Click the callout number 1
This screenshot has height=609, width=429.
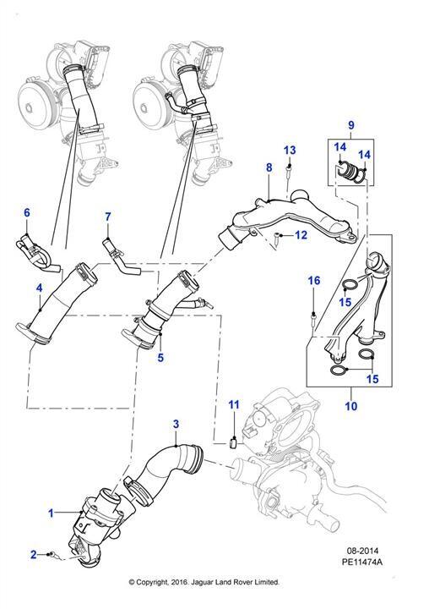(51, 513)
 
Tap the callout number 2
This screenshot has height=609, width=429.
(34, 554)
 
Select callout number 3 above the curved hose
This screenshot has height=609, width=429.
(176, 424)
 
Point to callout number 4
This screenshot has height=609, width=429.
(39, 288)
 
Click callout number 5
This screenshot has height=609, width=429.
(160, 357)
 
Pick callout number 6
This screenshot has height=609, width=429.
(27, 212)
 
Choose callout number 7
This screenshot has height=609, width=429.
(108, 217)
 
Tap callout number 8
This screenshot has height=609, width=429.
(269, 167)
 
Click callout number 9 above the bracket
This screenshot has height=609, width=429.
(351, 125)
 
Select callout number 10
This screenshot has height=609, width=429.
(351, 406)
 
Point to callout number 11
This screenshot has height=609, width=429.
(234, 405)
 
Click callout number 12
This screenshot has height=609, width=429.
(301, 235)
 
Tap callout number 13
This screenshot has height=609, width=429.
(290, 150)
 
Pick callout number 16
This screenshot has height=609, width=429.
(314, 281)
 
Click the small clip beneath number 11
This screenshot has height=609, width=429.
(234, 442)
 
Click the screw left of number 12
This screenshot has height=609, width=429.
(276, 238)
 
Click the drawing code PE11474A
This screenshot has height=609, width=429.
(362, 562)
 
